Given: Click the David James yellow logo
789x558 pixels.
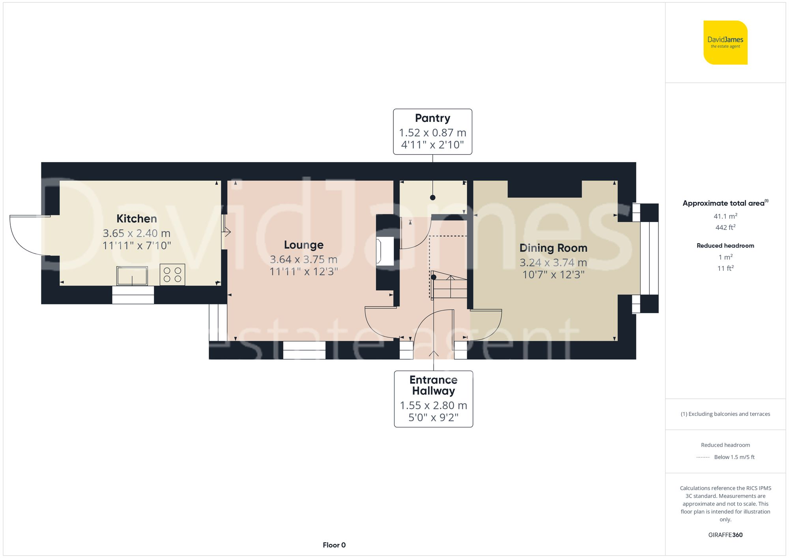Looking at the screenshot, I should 725,43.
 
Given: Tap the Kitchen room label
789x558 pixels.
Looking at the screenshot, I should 136,218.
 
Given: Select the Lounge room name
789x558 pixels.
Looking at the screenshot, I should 303,245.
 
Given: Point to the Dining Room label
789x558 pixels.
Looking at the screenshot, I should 553,248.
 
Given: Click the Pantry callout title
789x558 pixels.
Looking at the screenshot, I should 432,118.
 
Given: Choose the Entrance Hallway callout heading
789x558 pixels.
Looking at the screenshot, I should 433,385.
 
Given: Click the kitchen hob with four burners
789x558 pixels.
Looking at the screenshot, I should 172,274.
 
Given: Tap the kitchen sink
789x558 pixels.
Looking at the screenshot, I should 132,275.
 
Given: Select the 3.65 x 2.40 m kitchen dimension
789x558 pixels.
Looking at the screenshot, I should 136,233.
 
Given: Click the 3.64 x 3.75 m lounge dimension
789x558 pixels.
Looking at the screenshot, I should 303,259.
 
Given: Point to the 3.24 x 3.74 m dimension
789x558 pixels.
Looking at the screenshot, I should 553,263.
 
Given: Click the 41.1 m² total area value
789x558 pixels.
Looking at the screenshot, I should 725,216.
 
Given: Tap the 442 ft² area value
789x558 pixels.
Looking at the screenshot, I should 725,228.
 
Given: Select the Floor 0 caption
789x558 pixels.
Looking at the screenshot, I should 334,545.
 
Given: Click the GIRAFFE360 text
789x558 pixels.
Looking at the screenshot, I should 725,535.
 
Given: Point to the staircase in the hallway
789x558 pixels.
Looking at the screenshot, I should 449,285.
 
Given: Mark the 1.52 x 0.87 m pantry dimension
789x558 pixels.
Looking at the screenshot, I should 432,133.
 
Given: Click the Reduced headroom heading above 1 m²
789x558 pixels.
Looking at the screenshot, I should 725,246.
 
